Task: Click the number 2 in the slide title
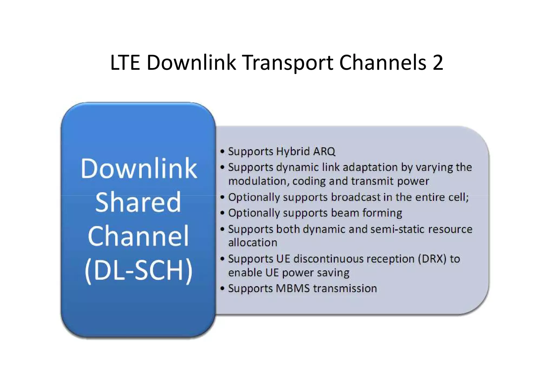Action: coord(438,63)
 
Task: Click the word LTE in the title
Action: coord(125,63)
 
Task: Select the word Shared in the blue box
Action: coord(138,202)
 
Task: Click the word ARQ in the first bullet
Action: coord(324,151)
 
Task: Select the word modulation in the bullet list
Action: coord(257,181)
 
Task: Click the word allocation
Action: coord(253,243)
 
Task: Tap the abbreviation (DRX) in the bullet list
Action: coord(432,259)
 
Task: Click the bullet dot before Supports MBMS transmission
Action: coord(222,289)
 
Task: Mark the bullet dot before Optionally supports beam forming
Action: coord(222,213)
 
